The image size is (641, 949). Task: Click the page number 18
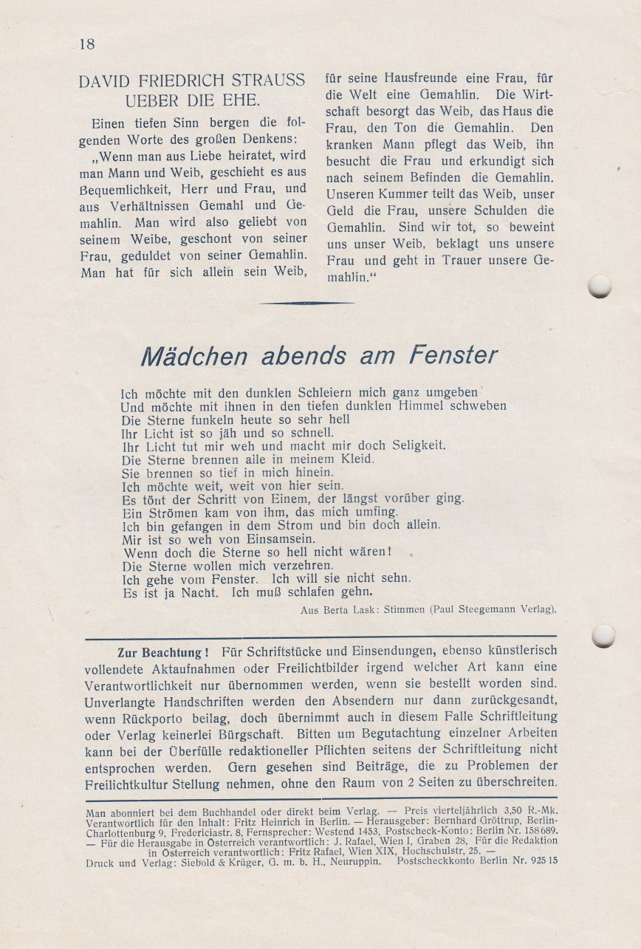point(86,44)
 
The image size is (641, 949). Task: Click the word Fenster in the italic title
point(453,356)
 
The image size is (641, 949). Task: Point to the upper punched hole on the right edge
point(600,286)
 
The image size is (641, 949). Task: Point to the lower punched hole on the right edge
point(603,635)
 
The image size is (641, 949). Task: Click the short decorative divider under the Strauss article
point(306,303)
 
